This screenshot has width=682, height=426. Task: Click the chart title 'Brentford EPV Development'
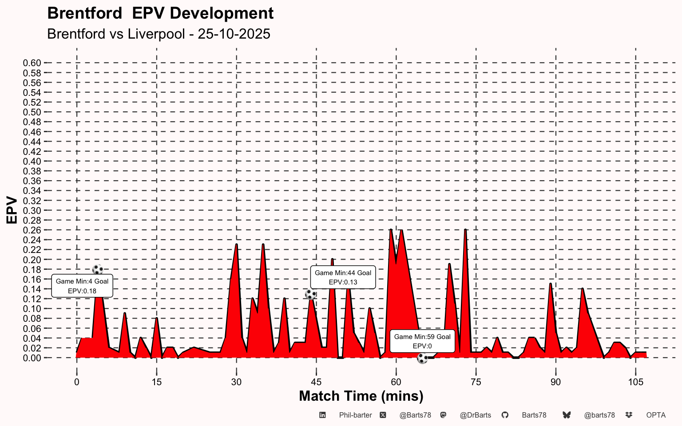(160, 13)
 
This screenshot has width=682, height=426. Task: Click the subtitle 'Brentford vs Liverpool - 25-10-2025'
(159, 34)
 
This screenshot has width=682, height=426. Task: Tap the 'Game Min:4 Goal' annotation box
(82, 286)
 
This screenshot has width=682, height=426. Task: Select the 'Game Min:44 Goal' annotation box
(343, 277)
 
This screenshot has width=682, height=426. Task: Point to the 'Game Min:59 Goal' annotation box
(422, 341)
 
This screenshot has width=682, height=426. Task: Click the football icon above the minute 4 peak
(98, 269)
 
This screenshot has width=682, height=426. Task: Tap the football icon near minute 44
(311, 294)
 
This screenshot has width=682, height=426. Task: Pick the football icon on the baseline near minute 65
(422, 358)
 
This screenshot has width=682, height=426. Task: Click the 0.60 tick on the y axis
(32, 63)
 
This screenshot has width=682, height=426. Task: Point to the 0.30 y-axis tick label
(32, 210)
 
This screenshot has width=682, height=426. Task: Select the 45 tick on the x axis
(316, 382)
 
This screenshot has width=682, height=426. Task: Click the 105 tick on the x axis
(635, 382)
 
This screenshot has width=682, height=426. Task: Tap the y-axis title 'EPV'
(12, 210)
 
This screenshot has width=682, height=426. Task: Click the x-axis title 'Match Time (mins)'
(361, 396)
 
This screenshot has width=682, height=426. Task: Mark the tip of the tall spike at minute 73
(465, 230)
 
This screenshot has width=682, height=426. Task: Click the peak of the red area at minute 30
(236, 245)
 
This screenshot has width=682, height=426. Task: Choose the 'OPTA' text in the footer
(656, 415)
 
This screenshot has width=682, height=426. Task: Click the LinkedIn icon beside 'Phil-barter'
(323, 415)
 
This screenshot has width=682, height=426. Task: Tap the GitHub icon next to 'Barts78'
(505, 415)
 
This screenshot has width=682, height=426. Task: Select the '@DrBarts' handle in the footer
(475, 415)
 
